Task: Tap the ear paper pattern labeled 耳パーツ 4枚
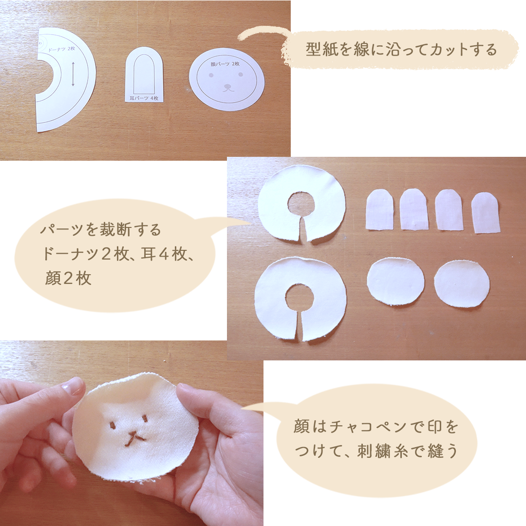(144, 75)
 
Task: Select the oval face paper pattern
(227, 79)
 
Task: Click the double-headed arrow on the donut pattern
(73, 74)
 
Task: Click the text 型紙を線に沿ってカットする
(401, 50)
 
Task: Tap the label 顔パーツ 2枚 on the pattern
(225, 63)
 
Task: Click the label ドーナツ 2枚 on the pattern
(61, 49)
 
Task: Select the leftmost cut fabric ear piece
(380, 209)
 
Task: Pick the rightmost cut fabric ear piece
(486, 212)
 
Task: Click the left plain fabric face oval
(395, 282)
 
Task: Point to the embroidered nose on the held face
(134, 438)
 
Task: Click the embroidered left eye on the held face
(113, 426)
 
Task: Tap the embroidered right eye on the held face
(145, 418)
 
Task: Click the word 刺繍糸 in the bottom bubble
(383, 451)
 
